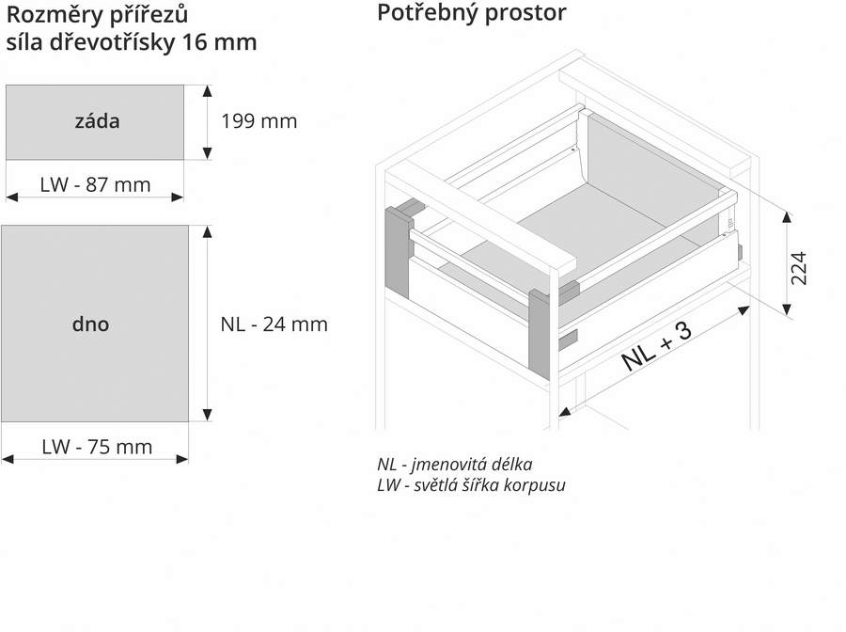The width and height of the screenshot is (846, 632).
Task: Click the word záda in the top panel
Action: [97, 121]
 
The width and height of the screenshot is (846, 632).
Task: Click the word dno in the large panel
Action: [90, 324]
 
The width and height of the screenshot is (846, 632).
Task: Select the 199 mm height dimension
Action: [259, 121]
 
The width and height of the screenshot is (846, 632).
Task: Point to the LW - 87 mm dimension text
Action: [95, 185]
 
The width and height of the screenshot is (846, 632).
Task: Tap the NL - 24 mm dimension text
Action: [274, 324]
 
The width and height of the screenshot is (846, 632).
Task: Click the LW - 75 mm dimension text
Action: [97, 448]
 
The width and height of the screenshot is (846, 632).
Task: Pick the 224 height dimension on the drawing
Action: [798, 268]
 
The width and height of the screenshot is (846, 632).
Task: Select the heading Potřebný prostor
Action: [472, 13]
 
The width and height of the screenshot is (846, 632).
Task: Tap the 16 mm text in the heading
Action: [219, 42]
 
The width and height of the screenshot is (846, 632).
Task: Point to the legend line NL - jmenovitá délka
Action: [455, 465]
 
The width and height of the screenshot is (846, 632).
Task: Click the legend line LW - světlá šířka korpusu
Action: [472, 485]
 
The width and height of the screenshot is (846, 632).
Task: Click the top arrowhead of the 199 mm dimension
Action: [207, 90]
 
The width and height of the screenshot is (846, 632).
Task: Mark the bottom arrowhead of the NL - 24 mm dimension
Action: [207, 415]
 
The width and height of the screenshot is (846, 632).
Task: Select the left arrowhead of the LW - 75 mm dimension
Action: [8, 459]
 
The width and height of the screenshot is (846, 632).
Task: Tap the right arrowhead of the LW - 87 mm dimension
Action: [178, 197]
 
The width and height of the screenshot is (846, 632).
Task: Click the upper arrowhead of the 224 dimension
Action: [787, 217]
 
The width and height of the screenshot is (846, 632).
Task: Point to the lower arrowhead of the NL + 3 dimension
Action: [564, 412]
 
